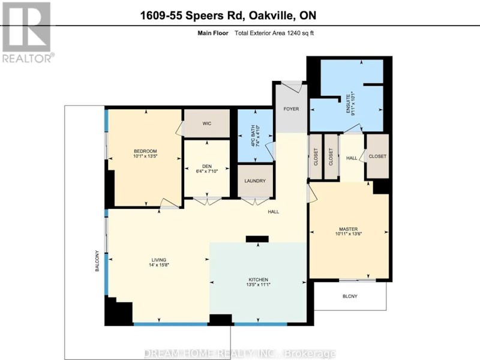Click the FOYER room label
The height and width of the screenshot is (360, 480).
click(291, 109)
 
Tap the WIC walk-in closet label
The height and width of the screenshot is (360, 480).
click(207, 124)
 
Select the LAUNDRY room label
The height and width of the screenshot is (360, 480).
click(255, 181)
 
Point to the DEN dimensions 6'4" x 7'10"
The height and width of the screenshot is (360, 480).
click(207, 172)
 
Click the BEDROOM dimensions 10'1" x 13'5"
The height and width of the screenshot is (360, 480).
click(145, 156)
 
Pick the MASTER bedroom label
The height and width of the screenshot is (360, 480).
click(349, 229)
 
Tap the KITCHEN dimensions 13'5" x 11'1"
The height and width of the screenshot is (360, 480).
click(259, 284)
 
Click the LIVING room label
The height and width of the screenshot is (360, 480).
click(159, 260)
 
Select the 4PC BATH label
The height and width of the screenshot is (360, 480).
click(253, 136)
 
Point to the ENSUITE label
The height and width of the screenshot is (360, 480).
click(348, 104)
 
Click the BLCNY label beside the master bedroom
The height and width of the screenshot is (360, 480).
click(350, 296)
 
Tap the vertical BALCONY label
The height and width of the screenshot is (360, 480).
click(97, 261)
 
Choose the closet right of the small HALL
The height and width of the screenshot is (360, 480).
click(378, 156)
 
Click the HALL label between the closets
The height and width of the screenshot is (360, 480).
click(352, 158)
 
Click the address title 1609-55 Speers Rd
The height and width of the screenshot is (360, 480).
click(192, 16)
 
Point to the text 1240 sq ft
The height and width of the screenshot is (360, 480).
click(300, 33)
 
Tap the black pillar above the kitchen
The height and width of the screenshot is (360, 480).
click(257, 239)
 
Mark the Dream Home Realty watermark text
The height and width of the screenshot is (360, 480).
click(239, 353)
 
